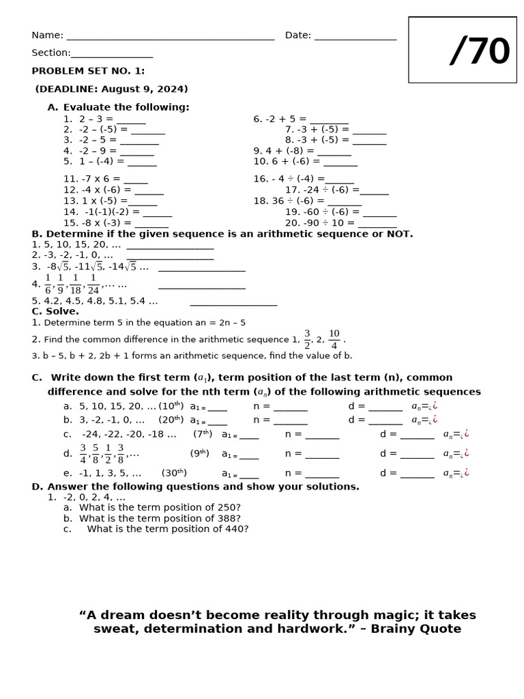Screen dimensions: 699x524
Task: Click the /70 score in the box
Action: [480, 52]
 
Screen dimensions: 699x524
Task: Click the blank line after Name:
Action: [170, 38]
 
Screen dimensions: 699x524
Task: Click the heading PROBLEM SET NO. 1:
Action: [88, 71]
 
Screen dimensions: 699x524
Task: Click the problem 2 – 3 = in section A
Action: [96, 119]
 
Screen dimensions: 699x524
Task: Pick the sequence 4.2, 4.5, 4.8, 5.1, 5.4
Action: [95, 300]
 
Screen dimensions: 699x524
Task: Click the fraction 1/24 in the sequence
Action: [93, 283]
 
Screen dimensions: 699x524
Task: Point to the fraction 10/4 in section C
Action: [334, 339]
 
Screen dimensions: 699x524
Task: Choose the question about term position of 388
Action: [160, 518]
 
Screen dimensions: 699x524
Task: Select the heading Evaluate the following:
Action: [126, 107]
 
